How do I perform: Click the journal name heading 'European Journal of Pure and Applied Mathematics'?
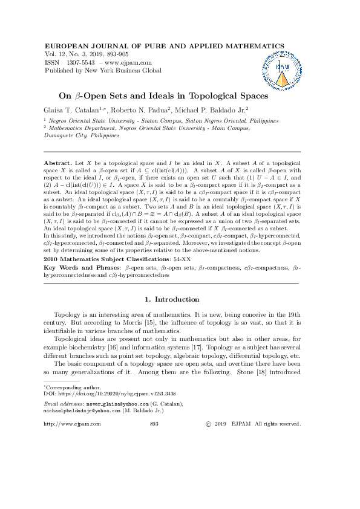pyautogui.click(x=143, y=46)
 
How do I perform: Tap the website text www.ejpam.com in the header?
pyautogui.click(x=129, y=62)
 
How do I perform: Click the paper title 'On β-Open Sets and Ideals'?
pyautogui.click(x=163, y=95)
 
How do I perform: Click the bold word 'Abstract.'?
pyautogui.click(x=58, y=164)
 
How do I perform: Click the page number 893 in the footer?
pyautogui.click(x=154, y=424)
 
